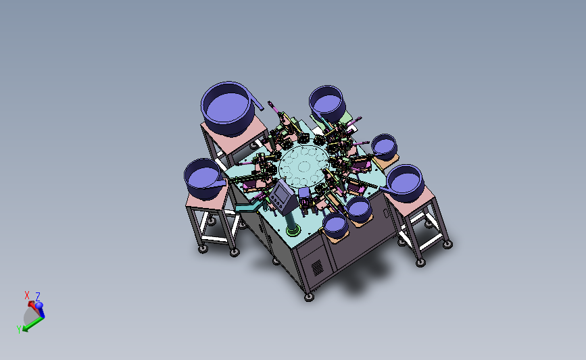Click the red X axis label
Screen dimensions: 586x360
(x=26, y=295)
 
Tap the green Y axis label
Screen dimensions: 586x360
(x=19, y=329)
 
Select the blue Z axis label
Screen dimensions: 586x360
(x=38, y=297)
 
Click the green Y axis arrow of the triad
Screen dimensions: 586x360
(x=32, y=324)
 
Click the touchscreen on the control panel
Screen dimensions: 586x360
(x=280, y=193)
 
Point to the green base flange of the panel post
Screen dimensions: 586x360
(x=293, y=230)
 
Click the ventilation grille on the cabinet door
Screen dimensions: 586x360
(x=317, y=267)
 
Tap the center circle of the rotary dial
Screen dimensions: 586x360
(x=303, y=166)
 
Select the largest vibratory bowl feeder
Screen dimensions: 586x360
(x=228, y=108)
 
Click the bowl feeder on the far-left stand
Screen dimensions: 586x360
(x=203, y=178)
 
